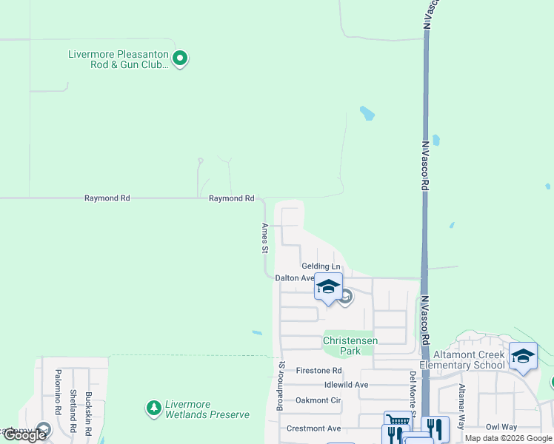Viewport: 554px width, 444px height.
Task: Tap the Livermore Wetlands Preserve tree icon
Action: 153,408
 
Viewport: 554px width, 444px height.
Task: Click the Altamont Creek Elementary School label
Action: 463,360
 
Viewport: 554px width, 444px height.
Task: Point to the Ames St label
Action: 264,238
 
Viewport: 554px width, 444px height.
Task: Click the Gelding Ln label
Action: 321,266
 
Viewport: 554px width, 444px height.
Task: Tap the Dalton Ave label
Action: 295,278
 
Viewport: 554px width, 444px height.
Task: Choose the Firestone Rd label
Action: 318,371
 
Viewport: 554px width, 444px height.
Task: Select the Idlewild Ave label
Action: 346,386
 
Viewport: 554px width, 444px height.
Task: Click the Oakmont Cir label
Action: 318,400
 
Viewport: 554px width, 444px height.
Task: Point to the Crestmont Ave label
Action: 314,428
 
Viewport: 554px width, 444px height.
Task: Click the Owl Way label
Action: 501,427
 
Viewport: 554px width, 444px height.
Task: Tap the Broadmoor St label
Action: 280,386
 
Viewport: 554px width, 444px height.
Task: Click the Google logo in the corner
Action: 24,435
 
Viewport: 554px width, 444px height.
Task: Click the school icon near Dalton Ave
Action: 328,286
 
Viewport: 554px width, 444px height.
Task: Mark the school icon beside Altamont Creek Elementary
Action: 524,356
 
